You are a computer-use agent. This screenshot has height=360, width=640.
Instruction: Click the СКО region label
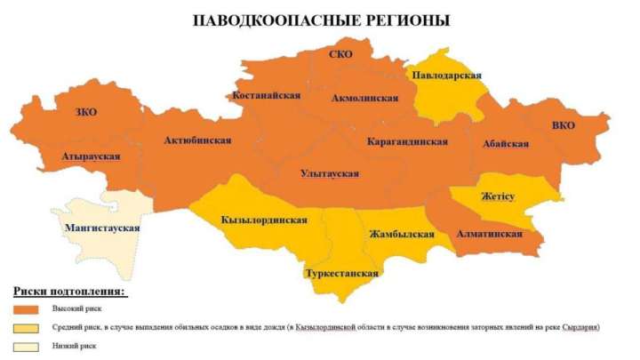(x=340, y=55)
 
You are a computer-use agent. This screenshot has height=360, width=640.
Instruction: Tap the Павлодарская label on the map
(x=446, y=76)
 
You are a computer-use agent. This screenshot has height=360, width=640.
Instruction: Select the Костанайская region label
(x=266, y=95)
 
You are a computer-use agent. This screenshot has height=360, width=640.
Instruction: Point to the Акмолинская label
(x=364, y=98)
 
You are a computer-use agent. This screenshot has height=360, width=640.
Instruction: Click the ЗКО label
(x=87, y=112)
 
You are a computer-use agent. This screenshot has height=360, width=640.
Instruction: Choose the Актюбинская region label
(x=197, y=140)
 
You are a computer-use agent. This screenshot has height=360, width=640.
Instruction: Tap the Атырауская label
(x=92, y=156)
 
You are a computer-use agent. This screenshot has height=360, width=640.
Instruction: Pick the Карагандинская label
(x=405, y=141)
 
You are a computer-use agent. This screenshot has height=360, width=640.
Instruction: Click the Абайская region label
(x=507, y=144)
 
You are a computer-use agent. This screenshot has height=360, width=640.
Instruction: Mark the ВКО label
(x=563, y=125)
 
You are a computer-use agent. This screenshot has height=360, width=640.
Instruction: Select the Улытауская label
(x=330, y=173)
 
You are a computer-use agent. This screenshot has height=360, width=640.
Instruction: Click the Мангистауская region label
(x=102, y=228)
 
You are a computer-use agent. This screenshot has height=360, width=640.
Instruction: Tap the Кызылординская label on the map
(x=264, y=220)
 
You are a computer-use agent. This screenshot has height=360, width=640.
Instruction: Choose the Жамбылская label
(x=401, y=235)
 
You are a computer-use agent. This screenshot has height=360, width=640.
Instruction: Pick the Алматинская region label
(x=489, y=234)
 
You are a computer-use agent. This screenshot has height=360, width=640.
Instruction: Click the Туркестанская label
(x=341, y=273)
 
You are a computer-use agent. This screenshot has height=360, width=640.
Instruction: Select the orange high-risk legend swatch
(x=27, y=309)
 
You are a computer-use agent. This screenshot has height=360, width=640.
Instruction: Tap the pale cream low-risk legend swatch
(x=27, y=347)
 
